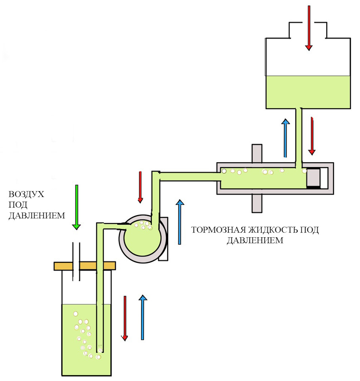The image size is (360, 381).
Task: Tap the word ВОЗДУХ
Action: (27, 194)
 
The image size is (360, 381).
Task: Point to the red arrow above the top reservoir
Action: (309, 28)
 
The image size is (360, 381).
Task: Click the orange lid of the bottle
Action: (84, 266)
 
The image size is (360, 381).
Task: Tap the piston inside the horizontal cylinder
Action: (313, 179)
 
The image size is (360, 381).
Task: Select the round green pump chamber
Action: (142, 239)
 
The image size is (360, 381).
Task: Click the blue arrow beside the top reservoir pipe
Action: (285, 138)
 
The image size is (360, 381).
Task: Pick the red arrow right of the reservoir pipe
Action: (312, 136)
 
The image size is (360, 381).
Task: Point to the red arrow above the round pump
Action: (140, 187)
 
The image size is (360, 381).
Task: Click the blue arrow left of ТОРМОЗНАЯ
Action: (180, 222)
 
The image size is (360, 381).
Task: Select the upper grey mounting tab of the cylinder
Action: (257, 153)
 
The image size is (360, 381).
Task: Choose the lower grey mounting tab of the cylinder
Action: (257, 203)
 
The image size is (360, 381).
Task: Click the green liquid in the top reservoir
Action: (308, 92)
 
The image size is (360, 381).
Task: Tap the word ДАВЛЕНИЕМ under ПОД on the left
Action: (37, 216)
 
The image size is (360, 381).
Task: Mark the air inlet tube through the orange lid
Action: (76, 262)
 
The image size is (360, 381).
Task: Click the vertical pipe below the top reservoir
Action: (299, 138)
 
